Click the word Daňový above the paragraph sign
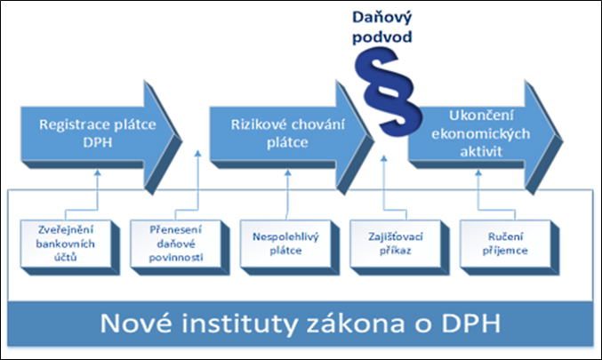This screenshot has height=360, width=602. (382, 17)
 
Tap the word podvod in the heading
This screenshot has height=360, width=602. (382, 36)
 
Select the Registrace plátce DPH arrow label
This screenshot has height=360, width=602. (98, 133)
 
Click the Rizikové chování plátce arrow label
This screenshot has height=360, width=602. (287, 133)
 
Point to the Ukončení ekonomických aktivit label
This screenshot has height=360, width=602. (481, 133)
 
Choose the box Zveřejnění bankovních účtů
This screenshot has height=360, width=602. (70, 247)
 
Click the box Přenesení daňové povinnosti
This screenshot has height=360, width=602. (180, 247)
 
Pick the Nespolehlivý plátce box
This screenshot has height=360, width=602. (290, 247)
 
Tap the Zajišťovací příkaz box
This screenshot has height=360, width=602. (399, 247)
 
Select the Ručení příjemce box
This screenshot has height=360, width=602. (510, 247)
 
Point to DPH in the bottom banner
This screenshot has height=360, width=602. (471, 324)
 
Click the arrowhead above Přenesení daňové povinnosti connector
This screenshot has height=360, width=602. (197, 154)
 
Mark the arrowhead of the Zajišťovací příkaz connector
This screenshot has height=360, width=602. (383, 158)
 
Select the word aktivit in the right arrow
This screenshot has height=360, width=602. (481, 152)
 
